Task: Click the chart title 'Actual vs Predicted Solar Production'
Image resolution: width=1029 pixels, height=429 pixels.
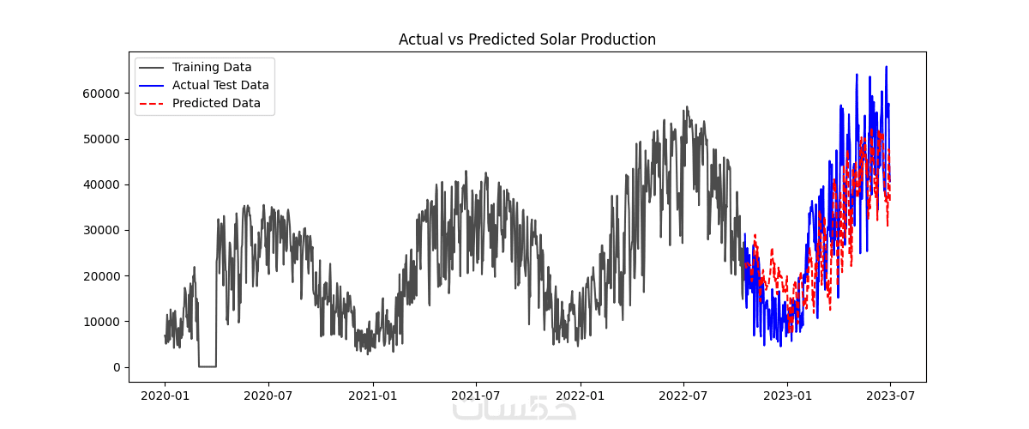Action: click(x=527, y=39)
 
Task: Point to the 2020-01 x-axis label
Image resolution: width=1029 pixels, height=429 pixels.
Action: click(x=165, y=397)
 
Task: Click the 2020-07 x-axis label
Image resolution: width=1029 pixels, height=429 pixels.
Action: click(x=268, y=397)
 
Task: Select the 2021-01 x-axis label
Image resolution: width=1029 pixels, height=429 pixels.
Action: click(x=373, y=397)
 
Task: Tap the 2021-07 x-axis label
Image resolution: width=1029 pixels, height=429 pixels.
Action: click(x=476, y=397)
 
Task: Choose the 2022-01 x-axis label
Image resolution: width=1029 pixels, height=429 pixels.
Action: click(x=581, y=397)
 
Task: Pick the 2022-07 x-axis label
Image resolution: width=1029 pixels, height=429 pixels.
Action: click(x=683, y=397)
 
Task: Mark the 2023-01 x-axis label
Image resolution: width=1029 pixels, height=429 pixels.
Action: click(x=788, y=397)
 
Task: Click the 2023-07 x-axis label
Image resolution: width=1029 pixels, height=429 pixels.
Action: click(x=891, y=397)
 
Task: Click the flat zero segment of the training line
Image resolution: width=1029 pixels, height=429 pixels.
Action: click(x=207, y=366)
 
